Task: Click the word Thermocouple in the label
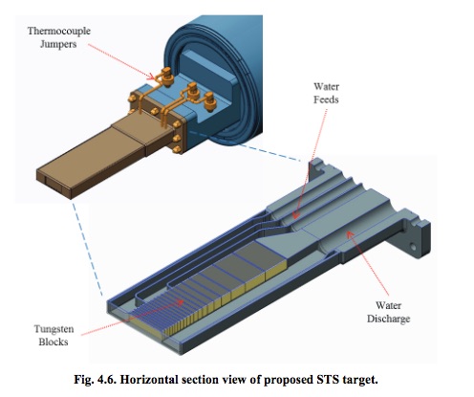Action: pyautogui.click(x=59, y=32)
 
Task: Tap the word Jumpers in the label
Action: pyautogui.click(x=58, y=44)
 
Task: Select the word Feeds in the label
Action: pyautogui.click(x=326, y=99)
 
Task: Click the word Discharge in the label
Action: pyautogui.click(x=388, y=319)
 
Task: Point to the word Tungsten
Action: pyautogui.click(x=54, y=329)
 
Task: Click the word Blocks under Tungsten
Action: pyautogui.click(x=54, y=342)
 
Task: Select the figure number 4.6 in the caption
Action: pyautogui.click(x=107, y=380)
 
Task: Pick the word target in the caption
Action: pyautogui.click(x=360, y=381)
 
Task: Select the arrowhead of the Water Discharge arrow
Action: pyautogui.click(x=350, y=234)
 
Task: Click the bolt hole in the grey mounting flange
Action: pyautogui.click(x=413, y=247)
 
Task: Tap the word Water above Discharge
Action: pyautogui.click(x=388, y=305)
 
